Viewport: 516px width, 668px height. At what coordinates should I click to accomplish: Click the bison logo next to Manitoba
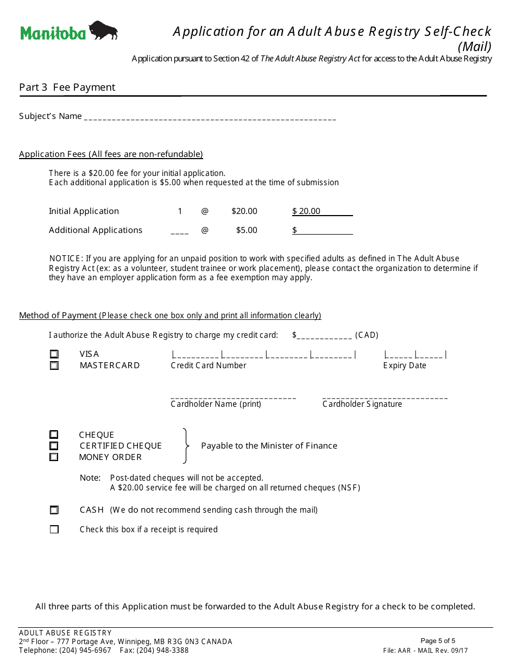click(103, 30)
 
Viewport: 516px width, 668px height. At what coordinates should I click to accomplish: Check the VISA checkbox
click(54, 354)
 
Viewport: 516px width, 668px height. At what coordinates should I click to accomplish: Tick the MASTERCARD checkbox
click(54, 365)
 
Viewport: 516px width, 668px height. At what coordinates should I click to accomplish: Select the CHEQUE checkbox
click(54, 434)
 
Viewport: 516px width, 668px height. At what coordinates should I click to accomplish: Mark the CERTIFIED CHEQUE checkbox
click(54, 446)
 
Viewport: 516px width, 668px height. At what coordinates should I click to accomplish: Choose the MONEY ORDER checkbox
click(54, 457)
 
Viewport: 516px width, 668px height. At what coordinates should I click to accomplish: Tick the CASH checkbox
click(54, 510)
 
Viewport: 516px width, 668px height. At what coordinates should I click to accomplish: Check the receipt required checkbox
click(54, 530)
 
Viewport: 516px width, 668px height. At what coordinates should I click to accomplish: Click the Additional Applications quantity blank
click(180, 231)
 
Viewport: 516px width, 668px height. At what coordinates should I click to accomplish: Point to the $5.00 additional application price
click(247, 230)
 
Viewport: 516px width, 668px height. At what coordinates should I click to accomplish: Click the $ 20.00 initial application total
click(306, 211)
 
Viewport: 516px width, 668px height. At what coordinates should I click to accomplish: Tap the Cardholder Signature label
click(362, 404)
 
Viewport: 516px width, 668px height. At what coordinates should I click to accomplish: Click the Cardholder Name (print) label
click(216, 404)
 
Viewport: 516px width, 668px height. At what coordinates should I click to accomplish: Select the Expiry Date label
click(405, 365)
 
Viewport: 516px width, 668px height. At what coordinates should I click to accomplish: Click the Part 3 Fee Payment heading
click(67, 87)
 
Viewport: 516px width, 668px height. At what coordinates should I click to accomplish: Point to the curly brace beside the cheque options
click(186, 446)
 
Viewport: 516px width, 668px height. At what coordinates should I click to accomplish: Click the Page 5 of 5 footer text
click(438, 641)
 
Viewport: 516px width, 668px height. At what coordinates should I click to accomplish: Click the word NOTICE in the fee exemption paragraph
click(66, 259)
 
